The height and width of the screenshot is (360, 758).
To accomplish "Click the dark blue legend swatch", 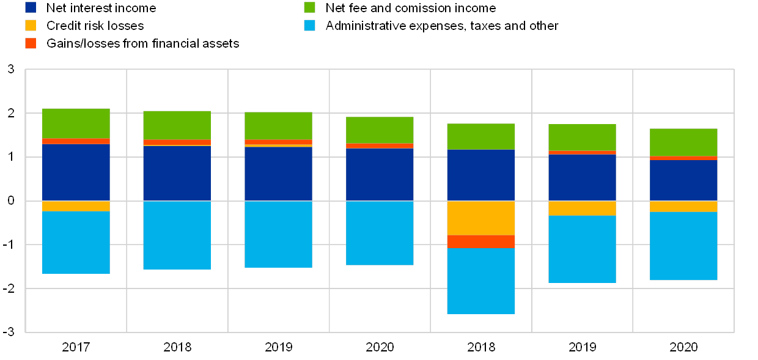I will click(31, 8).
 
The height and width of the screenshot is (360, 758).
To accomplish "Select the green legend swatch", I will click(310, 8).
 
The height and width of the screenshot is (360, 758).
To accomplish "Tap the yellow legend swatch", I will click(31, 26).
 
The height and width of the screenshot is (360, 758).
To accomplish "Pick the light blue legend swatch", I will click(310, 26).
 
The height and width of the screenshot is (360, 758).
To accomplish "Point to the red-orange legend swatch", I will click(31, 43).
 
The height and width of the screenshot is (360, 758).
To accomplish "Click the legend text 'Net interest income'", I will click(101, 8).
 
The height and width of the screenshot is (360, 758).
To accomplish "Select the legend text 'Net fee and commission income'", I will click(411, 8).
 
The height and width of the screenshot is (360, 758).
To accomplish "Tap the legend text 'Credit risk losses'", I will click(95, 26).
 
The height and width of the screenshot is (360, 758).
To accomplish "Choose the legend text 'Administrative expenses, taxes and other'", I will click(441, 26).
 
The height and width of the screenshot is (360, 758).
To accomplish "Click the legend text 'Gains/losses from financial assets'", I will click(142, 43).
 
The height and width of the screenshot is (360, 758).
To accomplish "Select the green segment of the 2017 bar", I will click(76, 123).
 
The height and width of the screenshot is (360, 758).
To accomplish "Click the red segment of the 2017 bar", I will click(76, 141).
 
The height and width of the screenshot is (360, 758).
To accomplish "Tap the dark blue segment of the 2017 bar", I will click(76, 172).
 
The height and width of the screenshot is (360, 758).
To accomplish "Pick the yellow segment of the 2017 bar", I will click(76, 206).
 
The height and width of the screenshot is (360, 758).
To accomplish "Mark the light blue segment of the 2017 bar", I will click(76, 242).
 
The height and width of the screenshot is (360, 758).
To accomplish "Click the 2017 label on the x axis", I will click(76, 347).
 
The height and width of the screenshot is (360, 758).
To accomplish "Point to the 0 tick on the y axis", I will click(12, 201).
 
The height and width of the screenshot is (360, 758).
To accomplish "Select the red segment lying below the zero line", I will click(480, 241).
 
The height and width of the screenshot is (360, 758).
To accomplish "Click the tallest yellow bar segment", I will click(480, 218).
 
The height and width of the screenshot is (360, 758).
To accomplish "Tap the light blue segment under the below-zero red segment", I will click(480, 281).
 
